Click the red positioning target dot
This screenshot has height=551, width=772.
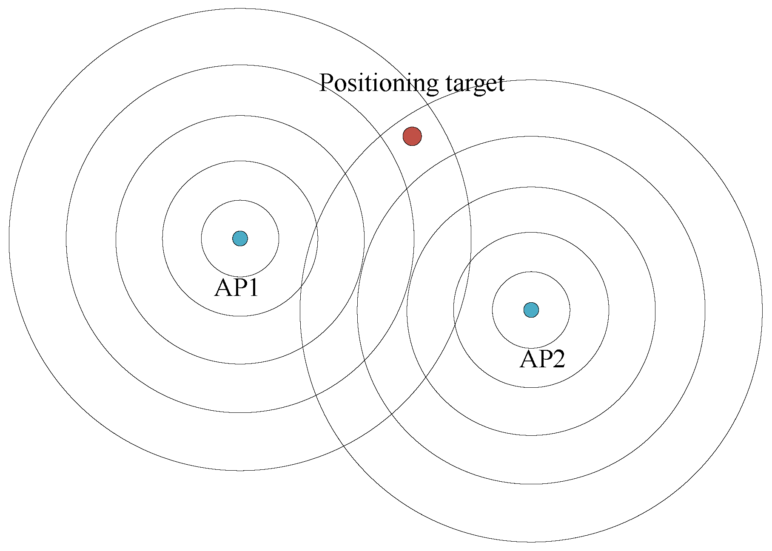[412, 136]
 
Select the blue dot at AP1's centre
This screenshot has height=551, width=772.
[240, 239]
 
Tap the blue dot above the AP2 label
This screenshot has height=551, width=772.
[531, 310]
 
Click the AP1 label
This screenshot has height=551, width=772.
[236, 288]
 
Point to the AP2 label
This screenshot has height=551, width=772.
[542, 359]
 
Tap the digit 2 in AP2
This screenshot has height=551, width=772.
[557, 359]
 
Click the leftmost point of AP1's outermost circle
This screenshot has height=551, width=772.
[9, 239]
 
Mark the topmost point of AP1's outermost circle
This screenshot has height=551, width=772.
[240, 8]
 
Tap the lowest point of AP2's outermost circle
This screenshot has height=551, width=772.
[531, 542]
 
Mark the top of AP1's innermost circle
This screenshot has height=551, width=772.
[240, 200]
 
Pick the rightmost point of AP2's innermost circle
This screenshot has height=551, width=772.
[570, 310]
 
